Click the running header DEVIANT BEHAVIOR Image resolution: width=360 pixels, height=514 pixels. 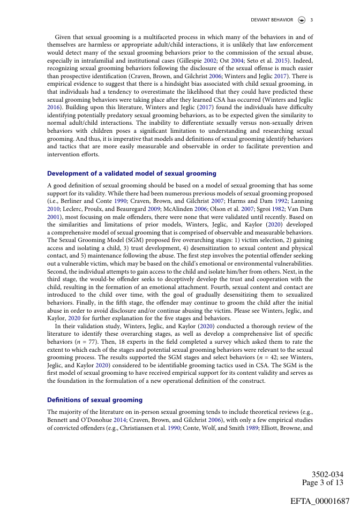click(272, 20)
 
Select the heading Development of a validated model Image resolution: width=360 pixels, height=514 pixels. click(132, 173)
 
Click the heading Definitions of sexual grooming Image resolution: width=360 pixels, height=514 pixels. click(95, 400)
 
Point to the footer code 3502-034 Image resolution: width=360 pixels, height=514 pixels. click(327, 475)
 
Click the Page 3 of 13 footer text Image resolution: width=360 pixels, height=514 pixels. click(322, 483)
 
